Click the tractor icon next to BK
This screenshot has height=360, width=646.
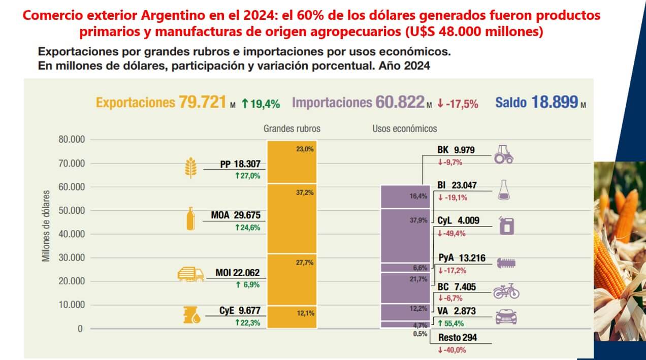504,154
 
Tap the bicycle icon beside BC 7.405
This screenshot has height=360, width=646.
506,291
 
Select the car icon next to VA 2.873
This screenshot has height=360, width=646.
506,317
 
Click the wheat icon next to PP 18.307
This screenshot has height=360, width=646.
190,168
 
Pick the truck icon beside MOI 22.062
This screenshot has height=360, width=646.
190,275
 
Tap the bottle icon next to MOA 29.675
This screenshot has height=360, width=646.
190,219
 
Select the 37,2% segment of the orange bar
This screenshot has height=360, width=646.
292,218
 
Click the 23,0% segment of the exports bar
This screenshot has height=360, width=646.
292,161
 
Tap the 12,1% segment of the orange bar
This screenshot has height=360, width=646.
292,316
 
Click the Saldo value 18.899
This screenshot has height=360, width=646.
555,103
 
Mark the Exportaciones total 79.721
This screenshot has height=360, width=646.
202,103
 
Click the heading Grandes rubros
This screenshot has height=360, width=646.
292,129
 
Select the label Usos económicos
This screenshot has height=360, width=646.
405,129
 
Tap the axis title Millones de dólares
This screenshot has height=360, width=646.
47,226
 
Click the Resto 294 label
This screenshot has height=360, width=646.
457,338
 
